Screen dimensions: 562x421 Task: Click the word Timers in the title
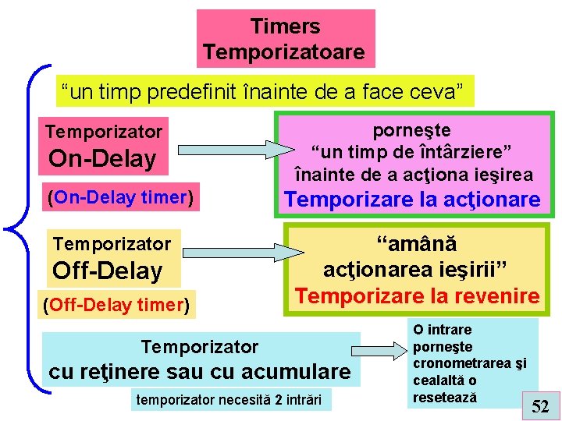tap(285, 27)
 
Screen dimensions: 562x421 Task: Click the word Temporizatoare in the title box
tap(284, 52)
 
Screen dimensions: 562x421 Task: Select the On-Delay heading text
tap(102, 159)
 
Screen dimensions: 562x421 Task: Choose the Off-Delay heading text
tap(107, 271)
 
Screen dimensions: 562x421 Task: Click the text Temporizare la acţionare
tap(412, 200)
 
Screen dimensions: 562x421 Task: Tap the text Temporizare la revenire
tap(417, 296)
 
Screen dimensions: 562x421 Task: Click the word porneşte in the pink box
tap(412, 130)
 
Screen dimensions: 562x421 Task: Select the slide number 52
tap(540, 405)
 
